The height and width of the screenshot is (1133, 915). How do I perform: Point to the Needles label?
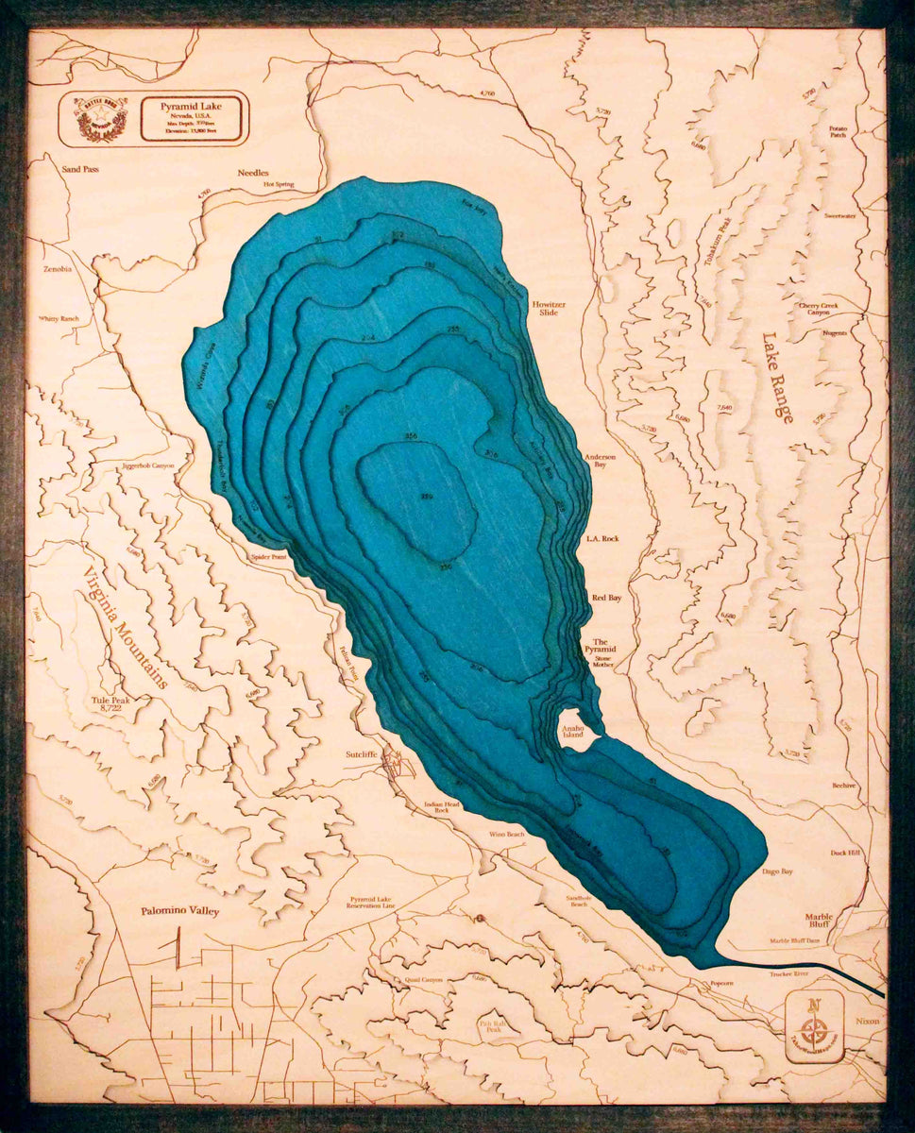253,173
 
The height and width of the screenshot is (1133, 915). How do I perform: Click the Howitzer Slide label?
548,307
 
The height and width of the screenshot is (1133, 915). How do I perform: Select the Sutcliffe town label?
361,756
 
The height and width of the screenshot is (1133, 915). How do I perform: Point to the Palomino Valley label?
179,911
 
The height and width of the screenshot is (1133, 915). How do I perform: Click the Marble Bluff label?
818,919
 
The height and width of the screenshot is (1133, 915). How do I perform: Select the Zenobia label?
57,269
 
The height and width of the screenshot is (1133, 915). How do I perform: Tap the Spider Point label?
268,557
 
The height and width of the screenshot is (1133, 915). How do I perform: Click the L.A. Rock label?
602,538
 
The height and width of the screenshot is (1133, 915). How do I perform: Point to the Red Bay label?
604,599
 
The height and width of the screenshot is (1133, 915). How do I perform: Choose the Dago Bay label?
777,871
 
